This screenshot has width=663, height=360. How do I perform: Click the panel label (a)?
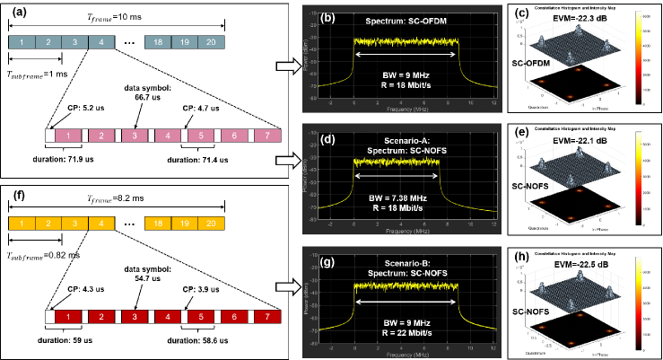pos(16,12)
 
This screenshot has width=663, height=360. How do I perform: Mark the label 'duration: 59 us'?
pos(66,344)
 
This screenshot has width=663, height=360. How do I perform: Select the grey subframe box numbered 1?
pos(22,41)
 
